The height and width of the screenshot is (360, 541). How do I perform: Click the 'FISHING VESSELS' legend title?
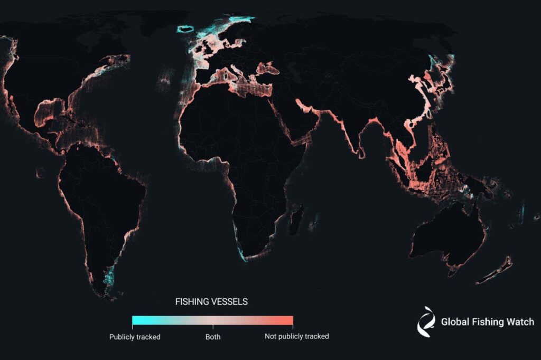point(211,302)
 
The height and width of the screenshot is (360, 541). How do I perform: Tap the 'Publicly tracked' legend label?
point(134,336)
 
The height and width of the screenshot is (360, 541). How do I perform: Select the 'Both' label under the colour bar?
point(212,336)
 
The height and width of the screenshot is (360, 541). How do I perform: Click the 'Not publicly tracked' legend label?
point(296,336)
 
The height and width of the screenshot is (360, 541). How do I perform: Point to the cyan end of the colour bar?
point(135,320)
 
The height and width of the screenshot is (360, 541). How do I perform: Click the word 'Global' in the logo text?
point(455,321)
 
